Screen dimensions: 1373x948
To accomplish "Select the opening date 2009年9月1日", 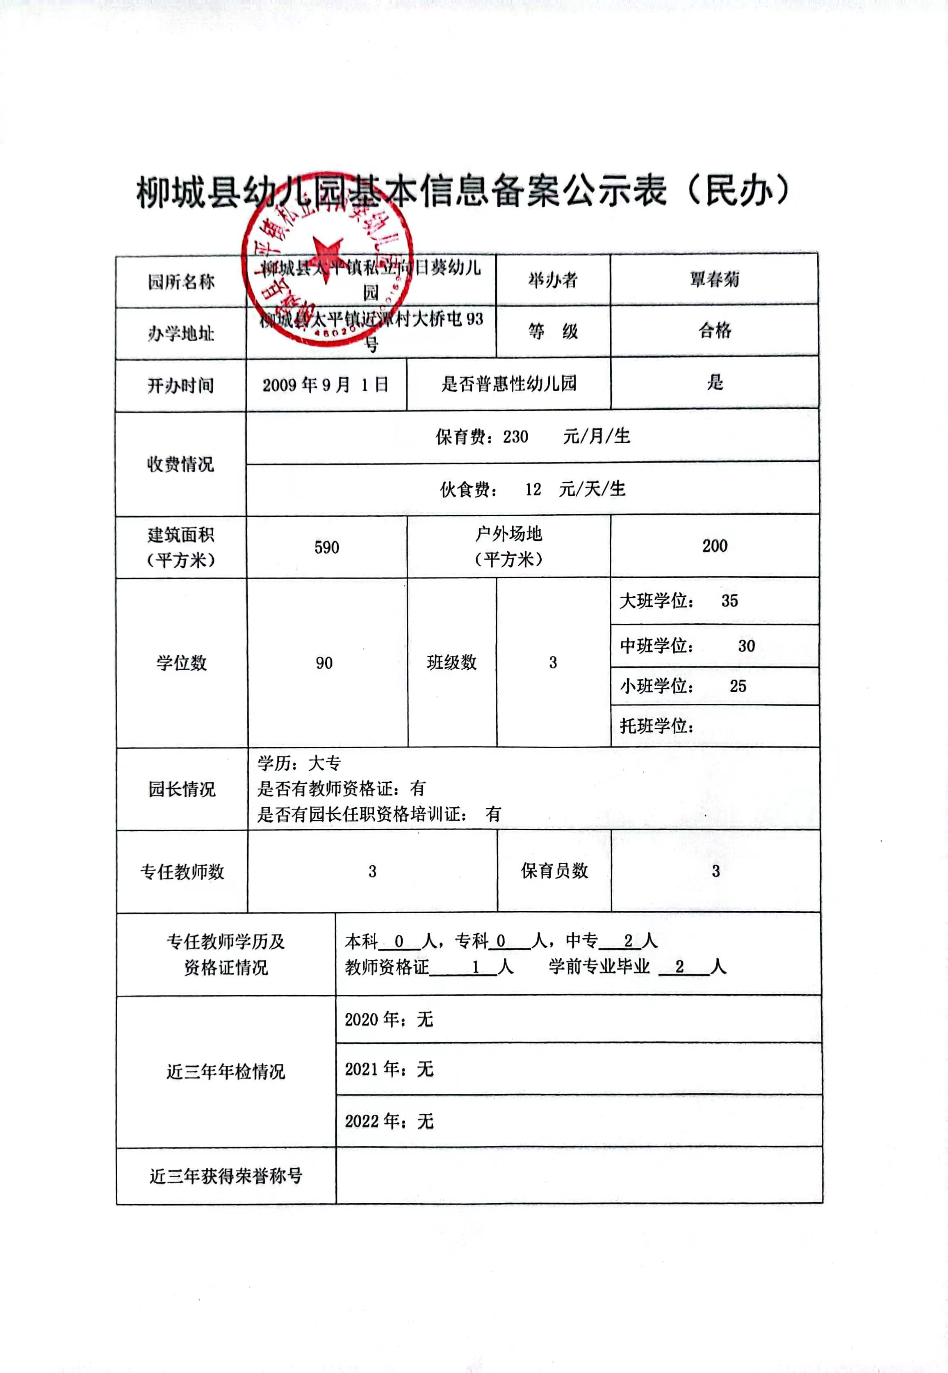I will tap(326, 385).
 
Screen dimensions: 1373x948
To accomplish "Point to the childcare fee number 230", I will tap(515, 437).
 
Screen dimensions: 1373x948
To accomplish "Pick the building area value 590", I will tap(327, 547).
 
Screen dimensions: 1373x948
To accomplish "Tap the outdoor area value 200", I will tap(715, 546).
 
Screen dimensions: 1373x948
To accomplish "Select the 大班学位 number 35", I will tap(729, 601).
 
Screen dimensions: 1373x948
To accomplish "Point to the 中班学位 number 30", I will tap(746, 646).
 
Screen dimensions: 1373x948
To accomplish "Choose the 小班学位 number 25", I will tap(738, 686).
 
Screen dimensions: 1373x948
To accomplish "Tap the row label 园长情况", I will tap(182, 789).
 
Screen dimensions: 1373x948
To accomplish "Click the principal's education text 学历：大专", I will tap(299, 763).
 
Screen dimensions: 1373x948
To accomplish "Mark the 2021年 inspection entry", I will tap(389, 1070).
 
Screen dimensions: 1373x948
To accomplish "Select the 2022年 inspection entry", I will tap(389, 1121).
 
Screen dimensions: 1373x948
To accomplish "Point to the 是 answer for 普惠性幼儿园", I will tap(715, 382).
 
